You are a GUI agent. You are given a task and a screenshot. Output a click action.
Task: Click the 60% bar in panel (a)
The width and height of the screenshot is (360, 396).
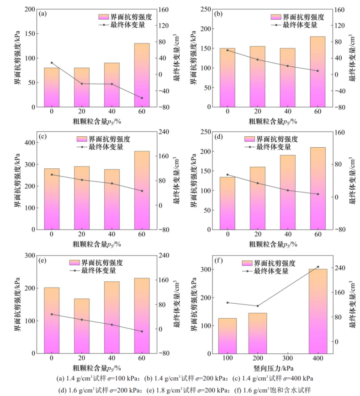click(142, 75)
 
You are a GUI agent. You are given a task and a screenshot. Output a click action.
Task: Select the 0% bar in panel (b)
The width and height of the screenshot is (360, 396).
click(228, 78)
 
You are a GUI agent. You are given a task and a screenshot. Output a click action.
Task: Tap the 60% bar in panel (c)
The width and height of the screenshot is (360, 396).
click(142, 190)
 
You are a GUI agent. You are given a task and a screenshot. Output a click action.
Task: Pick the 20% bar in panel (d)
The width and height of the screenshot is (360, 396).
click(258, 198)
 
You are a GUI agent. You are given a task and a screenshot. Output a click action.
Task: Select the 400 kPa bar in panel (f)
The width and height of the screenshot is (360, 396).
click(318, 311)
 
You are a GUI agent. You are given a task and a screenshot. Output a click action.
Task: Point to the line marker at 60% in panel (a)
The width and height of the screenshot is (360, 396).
click(142, 98)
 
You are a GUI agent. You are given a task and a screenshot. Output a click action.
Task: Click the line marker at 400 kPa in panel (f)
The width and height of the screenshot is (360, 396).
click(318, 267)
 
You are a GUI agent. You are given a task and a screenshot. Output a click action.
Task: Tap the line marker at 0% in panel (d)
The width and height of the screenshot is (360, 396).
click(228, 175)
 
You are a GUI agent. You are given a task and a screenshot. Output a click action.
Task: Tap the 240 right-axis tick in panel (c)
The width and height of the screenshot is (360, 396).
click(163, 132)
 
